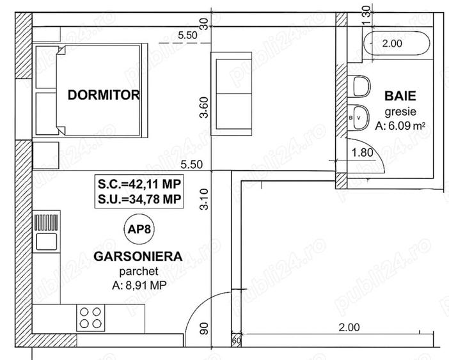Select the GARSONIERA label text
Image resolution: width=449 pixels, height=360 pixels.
[x=138, y=256]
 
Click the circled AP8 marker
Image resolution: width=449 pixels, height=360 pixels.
[x=138, y=229]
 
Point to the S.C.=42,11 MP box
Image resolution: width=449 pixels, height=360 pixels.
[x=138, y=184]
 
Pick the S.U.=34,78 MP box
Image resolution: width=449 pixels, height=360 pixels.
[x=138, y=200]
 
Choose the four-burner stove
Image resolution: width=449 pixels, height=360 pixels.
[x=90, y=317]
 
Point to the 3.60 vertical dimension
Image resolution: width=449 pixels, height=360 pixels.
[x=204, y=107]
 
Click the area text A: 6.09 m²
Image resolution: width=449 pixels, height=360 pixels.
[x=400, y=126]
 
